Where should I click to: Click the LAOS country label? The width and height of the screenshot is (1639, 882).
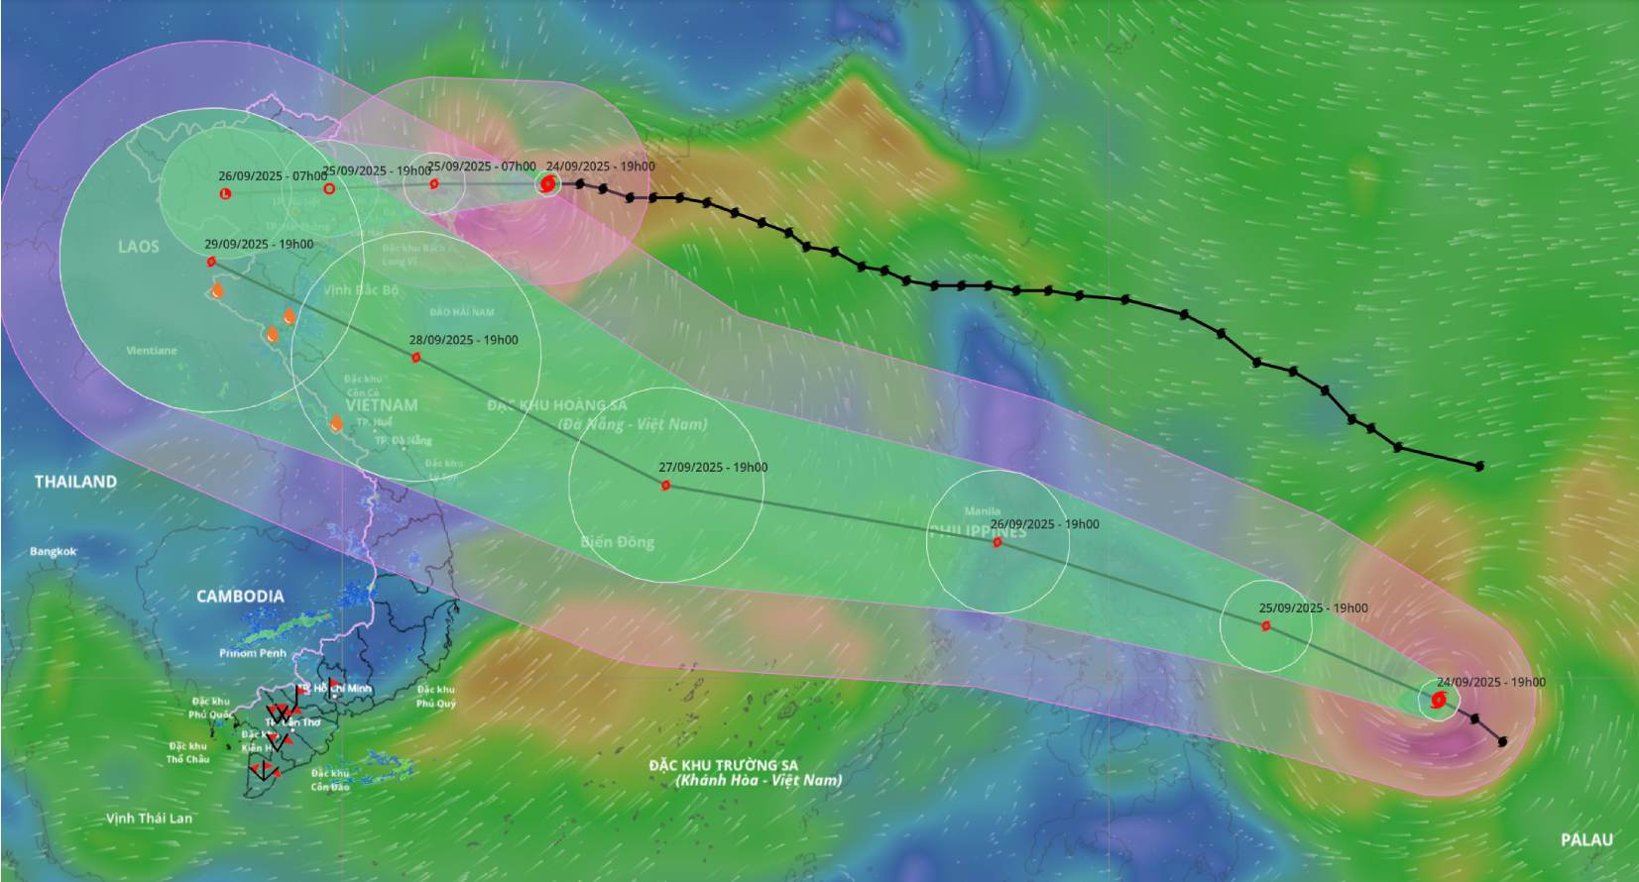(138, 247)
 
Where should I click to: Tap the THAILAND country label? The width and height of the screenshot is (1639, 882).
(76, 482)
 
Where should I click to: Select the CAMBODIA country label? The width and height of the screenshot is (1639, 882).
(240, 597)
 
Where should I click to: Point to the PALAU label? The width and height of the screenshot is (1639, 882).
(1586, 839)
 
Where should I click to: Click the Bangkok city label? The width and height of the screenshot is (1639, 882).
(53, 552)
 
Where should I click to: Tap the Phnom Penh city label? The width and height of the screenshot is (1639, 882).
(252, 653)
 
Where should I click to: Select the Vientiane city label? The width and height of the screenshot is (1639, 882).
(152, 351)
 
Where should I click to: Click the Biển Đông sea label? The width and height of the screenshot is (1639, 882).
(617, 542)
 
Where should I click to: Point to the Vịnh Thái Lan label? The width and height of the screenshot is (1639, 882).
(149, 819)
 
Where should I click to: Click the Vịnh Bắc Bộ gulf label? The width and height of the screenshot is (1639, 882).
(361, 290)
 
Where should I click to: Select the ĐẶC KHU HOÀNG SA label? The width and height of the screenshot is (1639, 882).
(557, 405)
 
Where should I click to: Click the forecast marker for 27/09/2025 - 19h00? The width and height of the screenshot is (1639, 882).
(665, 486)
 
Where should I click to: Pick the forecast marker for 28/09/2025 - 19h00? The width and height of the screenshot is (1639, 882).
(416, 358)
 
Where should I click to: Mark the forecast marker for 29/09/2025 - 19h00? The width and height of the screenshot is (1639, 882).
(211, 262)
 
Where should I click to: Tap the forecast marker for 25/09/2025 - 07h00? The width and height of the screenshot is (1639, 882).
(434, 183)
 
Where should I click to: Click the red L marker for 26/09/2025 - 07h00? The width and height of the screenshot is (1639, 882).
(225, 193)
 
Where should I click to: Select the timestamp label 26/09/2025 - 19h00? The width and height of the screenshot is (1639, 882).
(1044, 524)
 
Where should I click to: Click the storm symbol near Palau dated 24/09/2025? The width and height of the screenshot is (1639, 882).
(1438, 701)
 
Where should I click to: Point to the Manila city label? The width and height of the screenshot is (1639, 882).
(983, 511)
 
